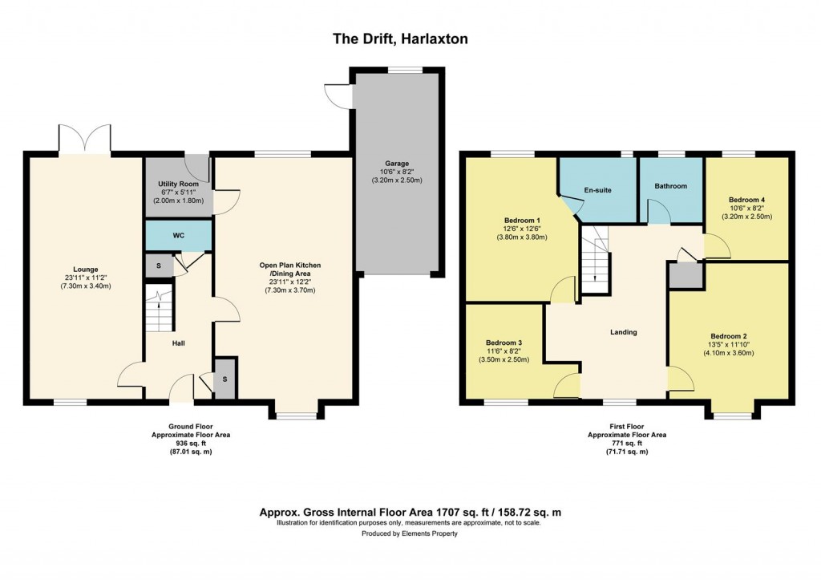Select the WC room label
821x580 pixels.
(178, 237)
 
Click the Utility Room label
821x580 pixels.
(177, 184)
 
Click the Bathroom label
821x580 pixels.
(670, 186)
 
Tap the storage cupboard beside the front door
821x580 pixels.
(225, 379)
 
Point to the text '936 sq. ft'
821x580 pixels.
(192, 443)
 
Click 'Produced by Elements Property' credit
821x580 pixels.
(409, 533)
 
